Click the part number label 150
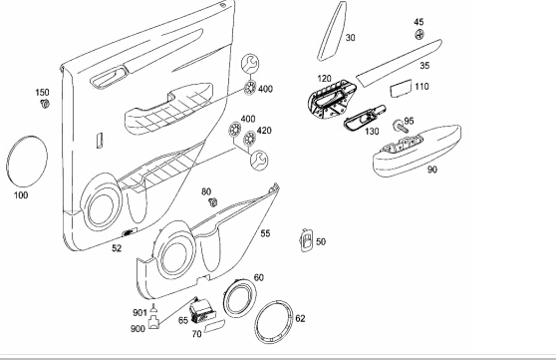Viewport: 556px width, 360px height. pos(42,93)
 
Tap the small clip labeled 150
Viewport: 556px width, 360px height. pos(45,104)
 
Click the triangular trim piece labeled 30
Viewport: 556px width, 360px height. pos(331,32)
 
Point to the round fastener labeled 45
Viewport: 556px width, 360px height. pos(419,35)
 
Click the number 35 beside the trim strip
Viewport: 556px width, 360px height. pos(424,66)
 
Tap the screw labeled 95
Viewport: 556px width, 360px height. pos(400,127)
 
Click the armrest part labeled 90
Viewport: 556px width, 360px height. pos(417,151)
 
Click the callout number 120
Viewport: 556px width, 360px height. pos(324,79)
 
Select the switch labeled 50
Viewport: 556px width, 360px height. pos(306,240)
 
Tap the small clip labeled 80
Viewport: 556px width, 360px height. pos(213,202)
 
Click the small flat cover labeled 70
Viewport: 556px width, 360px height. pos(215,325)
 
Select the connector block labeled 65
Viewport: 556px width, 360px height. pos(200,311)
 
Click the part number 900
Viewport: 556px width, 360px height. pos(138,329)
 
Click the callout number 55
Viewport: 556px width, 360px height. pos(265,233)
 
